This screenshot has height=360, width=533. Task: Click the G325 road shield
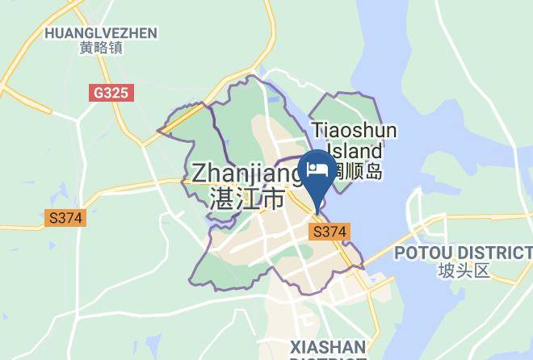(x=111, y=93)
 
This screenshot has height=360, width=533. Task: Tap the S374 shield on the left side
(x=65, y=218)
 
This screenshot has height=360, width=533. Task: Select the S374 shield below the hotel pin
(x=329, y=232)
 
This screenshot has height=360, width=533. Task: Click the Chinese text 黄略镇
(x=101, y=48)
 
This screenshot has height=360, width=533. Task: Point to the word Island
(x=354, y=151)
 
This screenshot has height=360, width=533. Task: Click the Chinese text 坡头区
(x=464, y=270)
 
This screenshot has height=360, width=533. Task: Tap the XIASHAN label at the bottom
(x=328, y=346)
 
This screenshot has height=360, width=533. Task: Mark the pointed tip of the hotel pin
(x=316, y=211)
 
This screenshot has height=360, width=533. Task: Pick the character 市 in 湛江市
(x=274, y=198)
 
